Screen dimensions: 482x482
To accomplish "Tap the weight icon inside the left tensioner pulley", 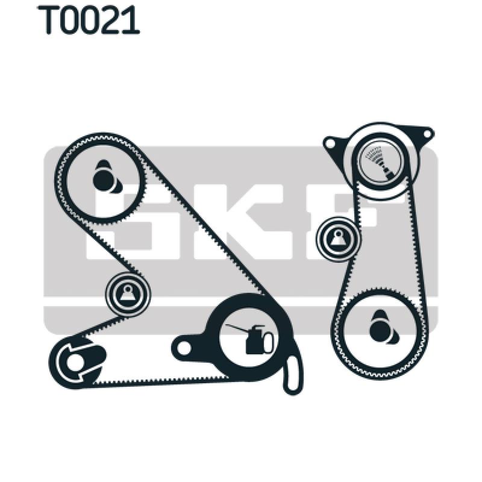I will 128,294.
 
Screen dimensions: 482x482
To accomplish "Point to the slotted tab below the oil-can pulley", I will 293,374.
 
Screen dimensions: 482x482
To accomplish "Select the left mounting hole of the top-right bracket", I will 330,143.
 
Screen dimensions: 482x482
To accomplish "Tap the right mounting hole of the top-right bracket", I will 427,132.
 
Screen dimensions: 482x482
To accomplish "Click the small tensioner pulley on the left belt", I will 128,294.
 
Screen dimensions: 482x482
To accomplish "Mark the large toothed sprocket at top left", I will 101,178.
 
